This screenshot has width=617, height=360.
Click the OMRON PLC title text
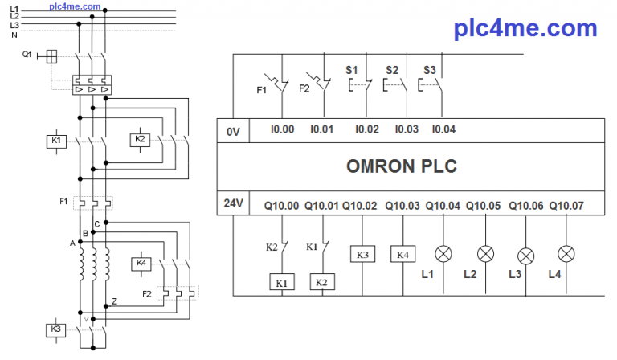tap(402, 166)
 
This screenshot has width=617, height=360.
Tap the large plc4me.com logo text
tap(525, 29)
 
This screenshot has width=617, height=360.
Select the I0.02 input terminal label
tap(366, 129)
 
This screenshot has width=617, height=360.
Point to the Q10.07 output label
tap(566, 206)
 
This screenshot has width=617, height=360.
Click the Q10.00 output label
tap(280, 206)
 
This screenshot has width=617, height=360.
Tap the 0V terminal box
tap(234, 129)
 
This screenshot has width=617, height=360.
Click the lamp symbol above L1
tap(443, 254)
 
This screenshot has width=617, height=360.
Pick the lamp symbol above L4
tap(566, 255)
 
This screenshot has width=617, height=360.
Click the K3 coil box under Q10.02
tap(362, 255)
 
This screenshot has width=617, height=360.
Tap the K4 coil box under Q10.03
tap(402, 255)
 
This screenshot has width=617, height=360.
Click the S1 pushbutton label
tap(352, 70)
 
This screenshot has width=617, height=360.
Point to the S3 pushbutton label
tap(430, 70)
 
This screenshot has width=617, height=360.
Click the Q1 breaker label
tap(27, 55)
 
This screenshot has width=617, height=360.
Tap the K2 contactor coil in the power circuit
tap(140, 140)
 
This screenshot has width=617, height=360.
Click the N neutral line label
tap(14, 34)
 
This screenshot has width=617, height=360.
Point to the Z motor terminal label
tap(116, 301)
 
